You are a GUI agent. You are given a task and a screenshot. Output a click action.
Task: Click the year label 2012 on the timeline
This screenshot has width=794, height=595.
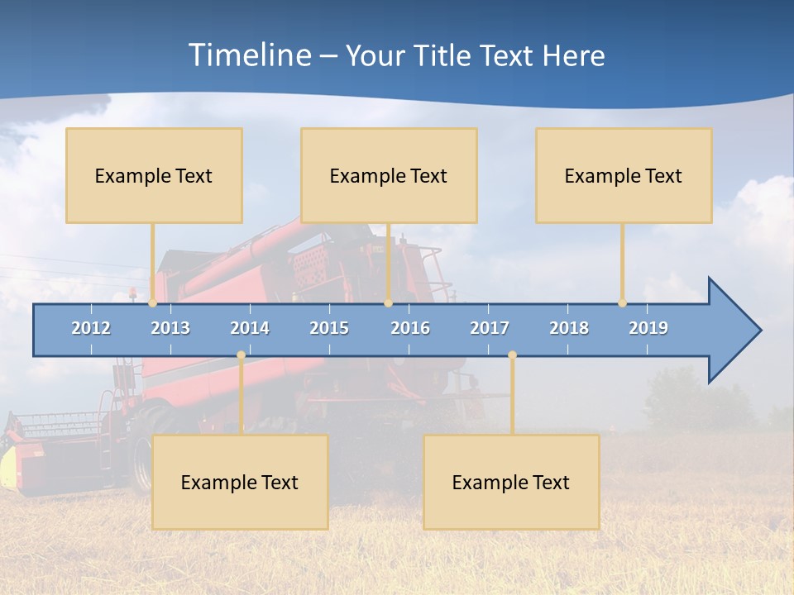91,328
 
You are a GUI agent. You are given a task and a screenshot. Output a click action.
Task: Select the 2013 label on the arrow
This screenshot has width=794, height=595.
170,328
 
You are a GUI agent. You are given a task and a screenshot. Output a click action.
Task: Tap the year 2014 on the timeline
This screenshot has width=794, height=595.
250,328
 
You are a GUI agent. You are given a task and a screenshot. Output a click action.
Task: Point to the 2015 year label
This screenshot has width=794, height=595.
329,328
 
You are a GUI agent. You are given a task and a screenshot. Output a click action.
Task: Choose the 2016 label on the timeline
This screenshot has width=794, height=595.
410,328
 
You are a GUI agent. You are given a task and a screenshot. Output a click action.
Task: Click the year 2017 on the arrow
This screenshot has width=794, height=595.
490,328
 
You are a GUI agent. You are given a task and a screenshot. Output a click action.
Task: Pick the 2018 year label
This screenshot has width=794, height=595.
569,328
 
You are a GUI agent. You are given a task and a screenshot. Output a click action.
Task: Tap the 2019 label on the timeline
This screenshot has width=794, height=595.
648,328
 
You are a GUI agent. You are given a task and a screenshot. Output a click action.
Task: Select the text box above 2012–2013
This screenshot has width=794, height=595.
154,175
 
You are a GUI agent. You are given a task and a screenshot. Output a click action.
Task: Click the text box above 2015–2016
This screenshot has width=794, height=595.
389,175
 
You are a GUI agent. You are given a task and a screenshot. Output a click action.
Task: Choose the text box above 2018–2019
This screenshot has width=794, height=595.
624,175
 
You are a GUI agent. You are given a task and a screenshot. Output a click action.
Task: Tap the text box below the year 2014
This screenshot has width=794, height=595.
240,482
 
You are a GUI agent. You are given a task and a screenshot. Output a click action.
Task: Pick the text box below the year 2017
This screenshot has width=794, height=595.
511,482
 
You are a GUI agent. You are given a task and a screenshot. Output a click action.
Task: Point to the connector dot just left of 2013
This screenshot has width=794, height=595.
153,302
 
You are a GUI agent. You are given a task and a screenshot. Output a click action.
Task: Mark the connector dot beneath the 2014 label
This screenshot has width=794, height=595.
241,355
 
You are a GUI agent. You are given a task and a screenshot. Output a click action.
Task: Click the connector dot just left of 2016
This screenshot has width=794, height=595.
388,302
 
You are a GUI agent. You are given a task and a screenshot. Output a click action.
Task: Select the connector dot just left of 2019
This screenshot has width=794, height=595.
623,302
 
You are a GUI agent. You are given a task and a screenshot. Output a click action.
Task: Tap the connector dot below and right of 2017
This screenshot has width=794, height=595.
512,355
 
